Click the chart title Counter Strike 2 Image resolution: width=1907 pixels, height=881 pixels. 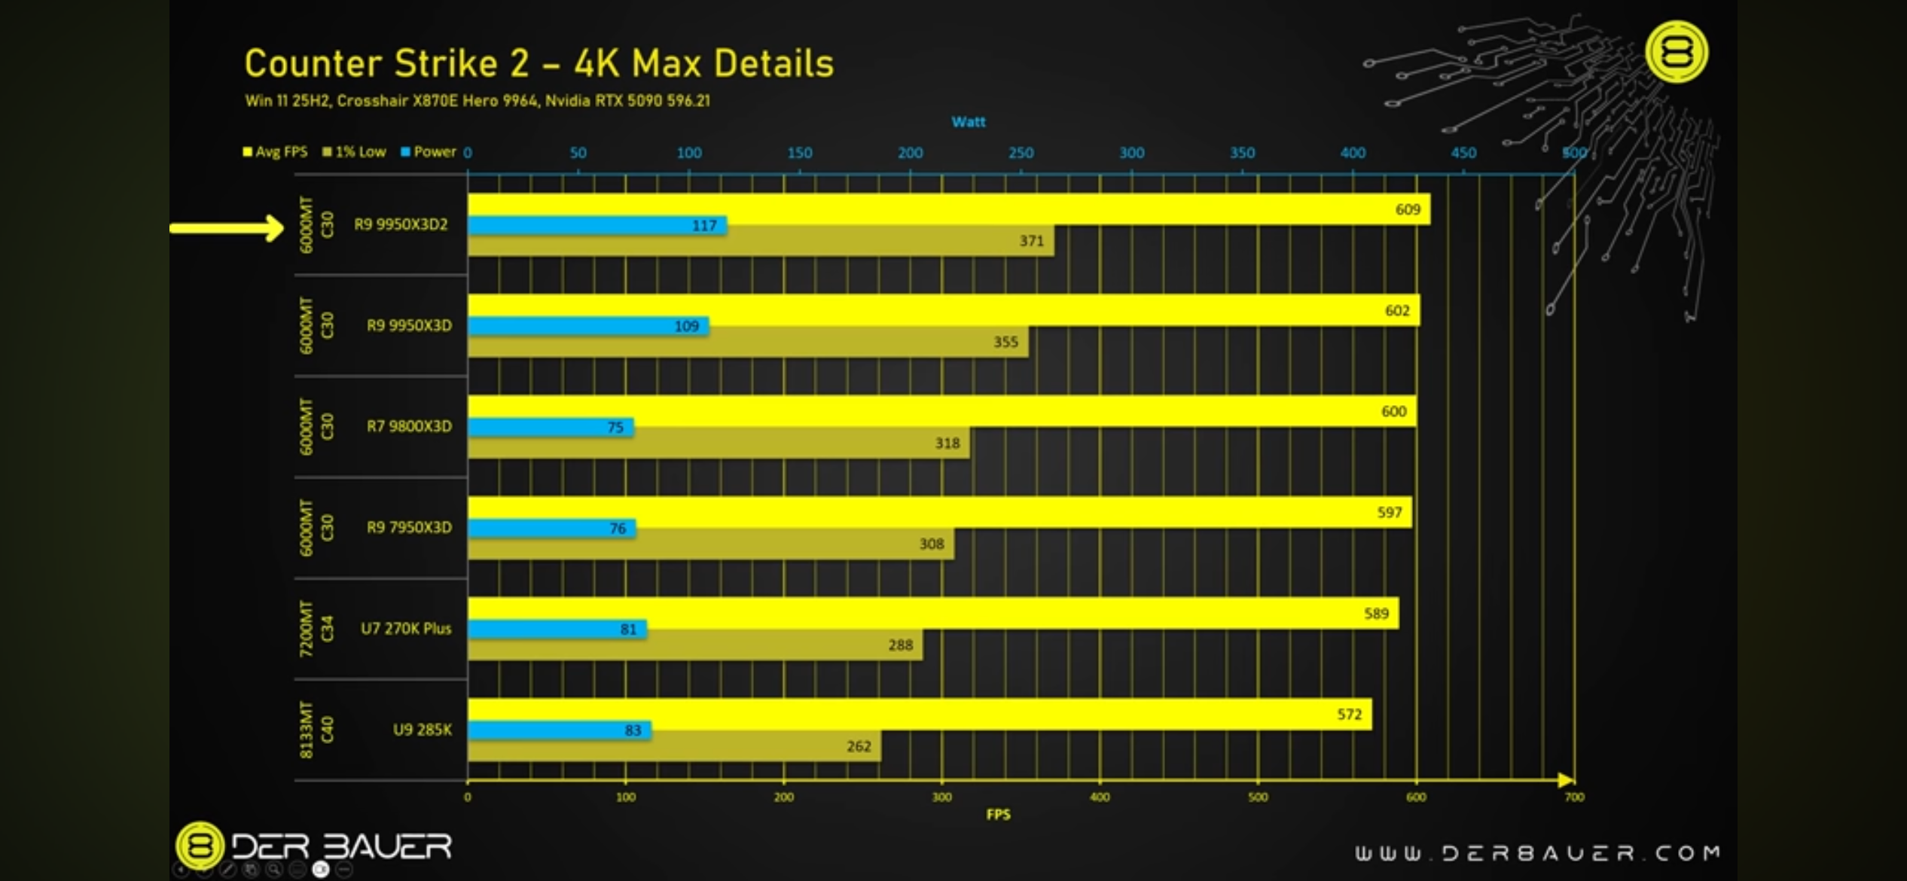click(539, 63)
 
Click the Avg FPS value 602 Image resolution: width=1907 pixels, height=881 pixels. click(1397, 310)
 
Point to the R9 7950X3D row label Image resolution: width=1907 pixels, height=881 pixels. click(409, 527)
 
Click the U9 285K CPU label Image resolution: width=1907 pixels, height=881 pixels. click(422, 730)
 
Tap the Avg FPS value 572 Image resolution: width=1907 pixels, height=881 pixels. click(1349, 714)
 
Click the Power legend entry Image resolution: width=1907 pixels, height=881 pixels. click(429, 151)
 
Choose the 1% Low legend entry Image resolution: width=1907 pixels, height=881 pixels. click(354, 151)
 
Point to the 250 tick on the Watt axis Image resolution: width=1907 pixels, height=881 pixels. click(1021, 153)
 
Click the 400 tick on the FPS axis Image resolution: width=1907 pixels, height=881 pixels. click(1100, 797)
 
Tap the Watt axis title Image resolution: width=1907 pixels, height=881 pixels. click(968, 122)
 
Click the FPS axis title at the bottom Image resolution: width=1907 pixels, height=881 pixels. click(998, 814)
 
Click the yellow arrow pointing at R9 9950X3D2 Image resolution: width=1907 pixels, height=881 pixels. click(226, 227)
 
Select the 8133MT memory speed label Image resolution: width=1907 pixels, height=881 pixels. click(306, 730)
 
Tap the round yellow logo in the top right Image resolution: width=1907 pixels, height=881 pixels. click(1676, 52)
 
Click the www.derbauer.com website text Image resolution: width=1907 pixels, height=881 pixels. click(1536, 852)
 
